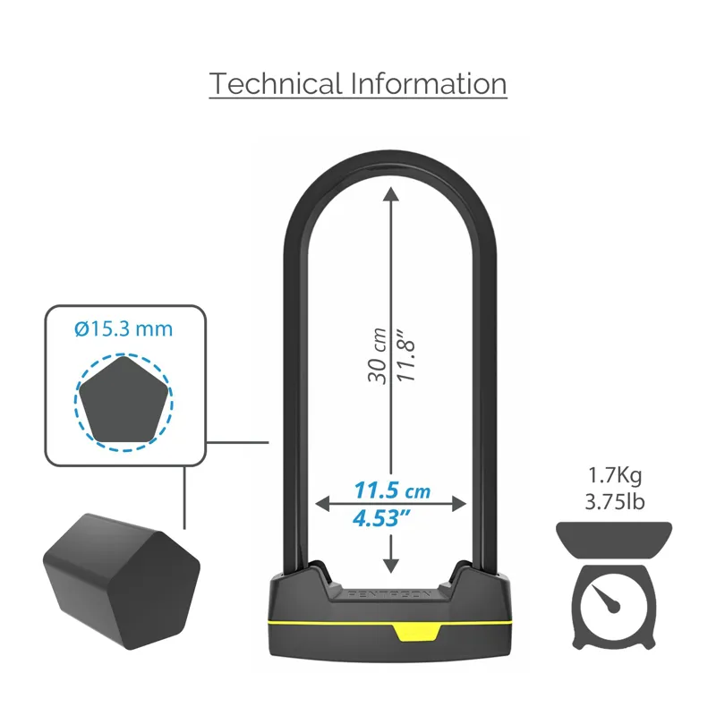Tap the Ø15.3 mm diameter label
coord(123,329)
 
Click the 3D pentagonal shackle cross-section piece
coord(121,573)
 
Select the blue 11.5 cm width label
coord(392,490)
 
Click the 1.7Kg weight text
coord(615,474)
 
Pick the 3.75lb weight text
coord(615,501)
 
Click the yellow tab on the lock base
coord(416,632)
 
